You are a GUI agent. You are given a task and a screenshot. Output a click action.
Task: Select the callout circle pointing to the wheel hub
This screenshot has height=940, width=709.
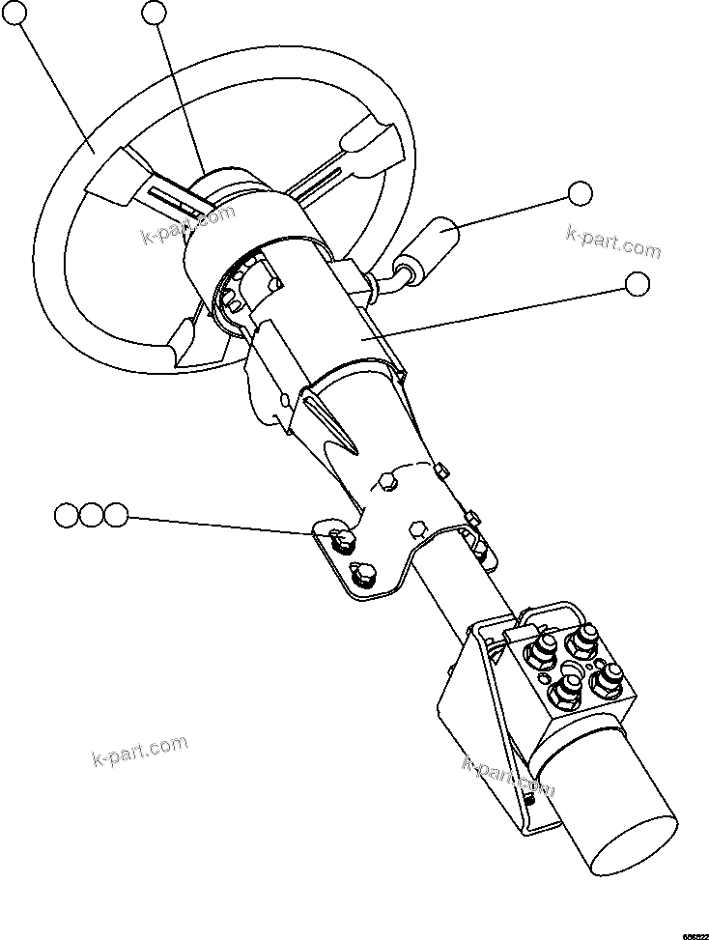(155, 12)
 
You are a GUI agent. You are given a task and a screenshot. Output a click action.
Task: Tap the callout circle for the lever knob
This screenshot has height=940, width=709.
(580, 193)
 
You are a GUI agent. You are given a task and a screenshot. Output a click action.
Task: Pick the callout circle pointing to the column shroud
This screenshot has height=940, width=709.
(638, 283)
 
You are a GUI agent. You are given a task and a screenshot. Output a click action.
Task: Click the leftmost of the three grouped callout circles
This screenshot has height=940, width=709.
(67, 515)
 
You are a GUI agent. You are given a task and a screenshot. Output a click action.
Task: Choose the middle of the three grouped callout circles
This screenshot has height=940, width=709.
(91, 515)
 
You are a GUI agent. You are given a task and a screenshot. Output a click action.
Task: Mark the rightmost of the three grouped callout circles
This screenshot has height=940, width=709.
(115, 515)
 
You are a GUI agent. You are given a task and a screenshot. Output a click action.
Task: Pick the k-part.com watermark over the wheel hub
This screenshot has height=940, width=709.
(188, 226)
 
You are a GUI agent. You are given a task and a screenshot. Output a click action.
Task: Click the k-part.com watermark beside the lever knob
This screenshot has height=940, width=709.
(613, 242)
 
